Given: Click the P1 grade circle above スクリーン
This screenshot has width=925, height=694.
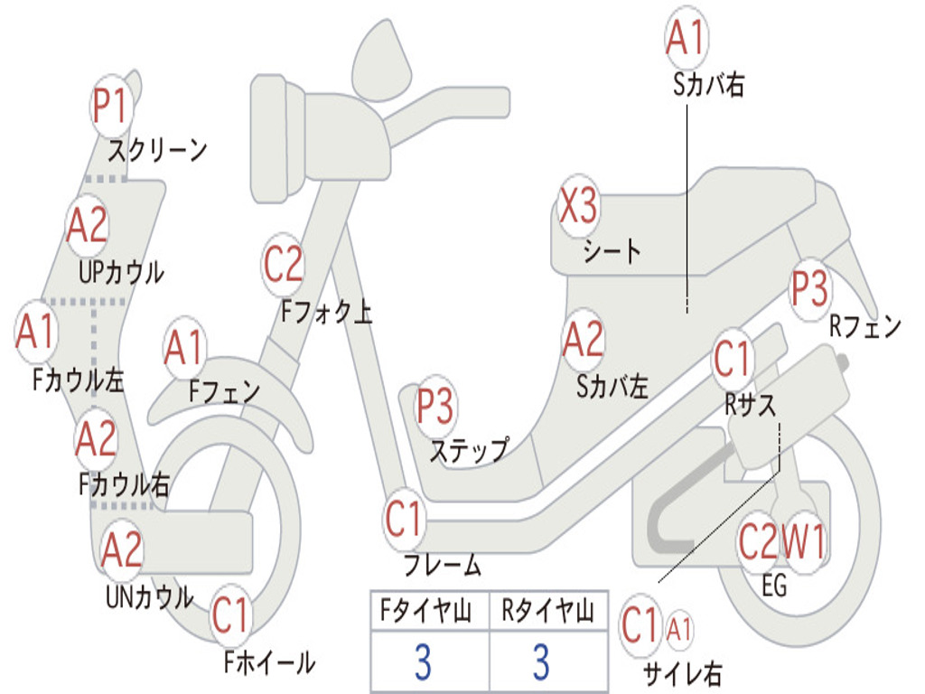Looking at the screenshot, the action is click(111, 107).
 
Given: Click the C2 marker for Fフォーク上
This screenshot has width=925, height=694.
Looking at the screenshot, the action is click(283, 264).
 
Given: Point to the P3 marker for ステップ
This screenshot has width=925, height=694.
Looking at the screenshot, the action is click(435, 407).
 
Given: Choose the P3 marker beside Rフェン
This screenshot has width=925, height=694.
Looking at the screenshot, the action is click(809, 289).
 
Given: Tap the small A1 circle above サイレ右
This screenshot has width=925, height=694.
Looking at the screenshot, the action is click(679, 629).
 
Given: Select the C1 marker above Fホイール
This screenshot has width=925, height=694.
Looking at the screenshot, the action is click(230, 614).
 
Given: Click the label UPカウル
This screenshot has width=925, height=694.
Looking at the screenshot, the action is click(122, 273).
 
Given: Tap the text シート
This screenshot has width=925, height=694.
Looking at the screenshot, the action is click(612, 252).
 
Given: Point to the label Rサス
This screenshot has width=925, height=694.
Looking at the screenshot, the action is click(750, 405).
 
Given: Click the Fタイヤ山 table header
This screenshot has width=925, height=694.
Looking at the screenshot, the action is click(425, 611).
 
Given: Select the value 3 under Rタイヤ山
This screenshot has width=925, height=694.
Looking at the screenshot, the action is click(542, 661).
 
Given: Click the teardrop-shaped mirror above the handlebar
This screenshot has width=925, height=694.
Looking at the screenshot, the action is click(382, 60).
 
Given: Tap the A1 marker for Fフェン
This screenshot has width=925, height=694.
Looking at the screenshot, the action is click(184, 348).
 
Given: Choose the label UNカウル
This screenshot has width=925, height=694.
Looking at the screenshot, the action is click(150, 596).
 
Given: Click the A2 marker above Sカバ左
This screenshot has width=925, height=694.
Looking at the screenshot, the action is click(584, 340).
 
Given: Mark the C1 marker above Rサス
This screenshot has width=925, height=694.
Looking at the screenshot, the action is click(733, 359).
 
